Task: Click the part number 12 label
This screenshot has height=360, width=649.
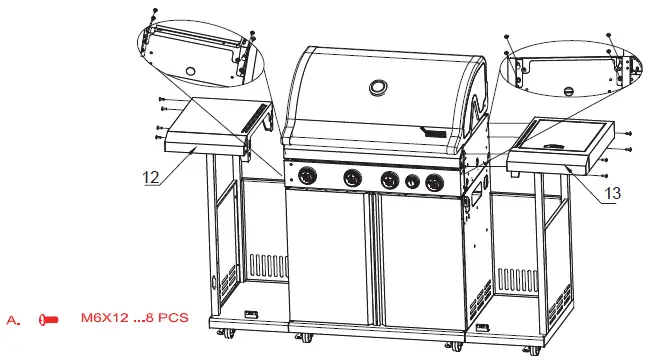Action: (151, 177)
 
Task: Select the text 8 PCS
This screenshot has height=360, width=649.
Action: (165, 319)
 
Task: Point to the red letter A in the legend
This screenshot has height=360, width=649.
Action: (13, 320)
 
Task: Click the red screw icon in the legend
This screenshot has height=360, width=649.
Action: (45, 320)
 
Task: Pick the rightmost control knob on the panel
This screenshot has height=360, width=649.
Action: (432, 183)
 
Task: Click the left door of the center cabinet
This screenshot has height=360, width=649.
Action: (328, 260)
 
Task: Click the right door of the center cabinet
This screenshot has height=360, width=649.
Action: (414, 262)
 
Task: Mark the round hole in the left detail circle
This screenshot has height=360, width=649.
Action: (190, 69)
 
